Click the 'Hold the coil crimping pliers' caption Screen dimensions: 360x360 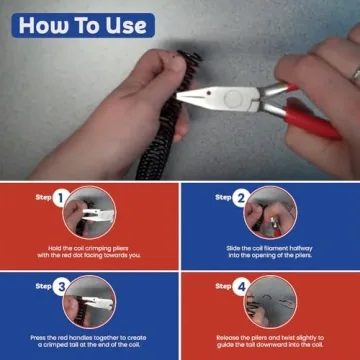click(90, 251)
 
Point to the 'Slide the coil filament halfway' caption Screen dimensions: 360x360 click(270, 251)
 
